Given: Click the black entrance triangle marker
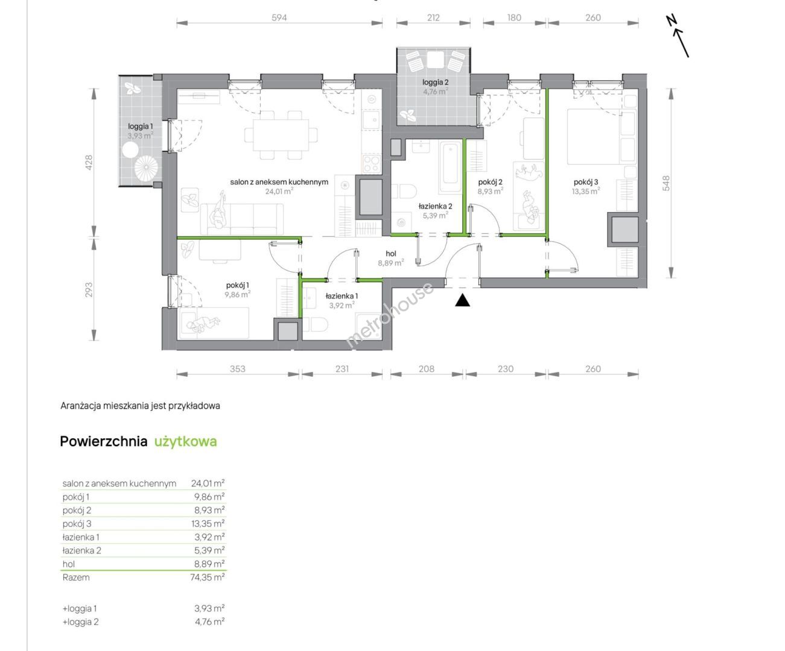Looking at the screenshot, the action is [x=462, y=301].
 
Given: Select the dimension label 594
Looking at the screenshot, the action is [x=279, y=17].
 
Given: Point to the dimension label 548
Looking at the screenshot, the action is [x=666, y=183].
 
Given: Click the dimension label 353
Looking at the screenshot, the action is [x=238, y=369].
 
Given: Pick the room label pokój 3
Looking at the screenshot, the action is [x=586, y=182].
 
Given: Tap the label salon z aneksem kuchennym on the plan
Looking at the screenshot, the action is [x=279, y=182].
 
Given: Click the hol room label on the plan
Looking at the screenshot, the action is [x=391, y=254].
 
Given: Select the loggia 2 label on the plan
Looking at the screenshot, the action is [x=436, y=82].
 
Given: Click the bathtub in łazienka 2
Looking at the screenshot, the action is [x=450, y=167].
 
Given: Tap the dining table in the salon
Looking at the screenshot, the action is [x=281, y=134].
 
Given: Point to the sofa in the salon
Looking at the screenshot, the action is [x=242, y=219].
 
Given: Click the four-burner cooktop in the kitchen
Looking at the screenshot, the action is [x=372, y=164].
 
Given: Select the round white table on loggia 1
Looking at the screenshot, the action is [x=130, y=149].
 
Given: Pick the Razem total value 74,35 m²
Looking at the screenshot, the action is [x=208, y=577].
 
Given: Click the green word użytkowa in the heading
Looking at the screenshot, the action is [x=186, y=442].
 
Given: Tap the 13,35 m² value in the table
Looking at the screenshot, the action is [x=208, y=524].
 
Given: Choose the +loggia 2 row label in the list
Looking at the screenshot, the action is [x=81, y=622].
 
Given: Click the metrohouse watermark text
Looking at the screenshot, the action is [x=389, y=316].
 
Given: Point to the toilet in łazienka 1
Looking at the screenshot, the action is [x=315, y=324].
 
